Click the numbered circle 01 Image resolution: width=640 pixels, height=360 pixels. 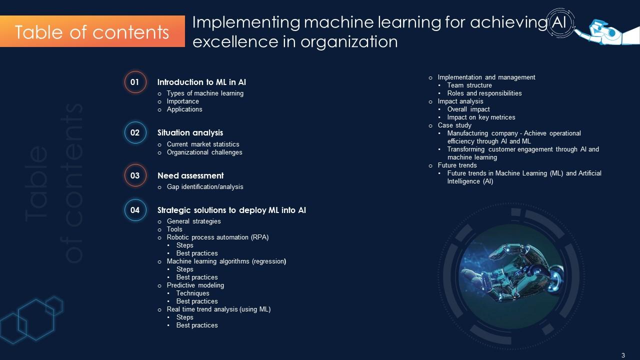135,82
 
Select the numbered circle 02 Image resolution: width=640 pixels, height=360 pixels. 135,133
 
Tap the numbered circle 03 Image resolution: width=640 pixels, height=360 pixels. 135,175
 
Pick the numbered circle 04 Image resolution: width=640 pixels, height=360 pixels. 135,210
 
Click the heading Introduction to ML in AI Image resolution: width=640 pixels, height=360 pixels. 201,82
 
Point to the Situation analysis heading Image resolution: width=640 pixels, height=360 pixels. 190,133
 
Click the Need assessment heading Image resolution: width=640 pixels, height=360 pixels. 190,176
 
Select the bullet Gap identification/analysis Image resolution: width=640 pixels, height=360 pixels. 205,187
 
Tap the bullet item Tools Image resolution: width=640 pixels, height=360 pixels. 174,229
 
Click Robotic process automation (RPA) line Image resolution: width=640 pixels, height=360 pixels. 217,237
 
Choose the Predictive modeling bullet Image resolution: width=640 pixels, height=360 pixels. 195,285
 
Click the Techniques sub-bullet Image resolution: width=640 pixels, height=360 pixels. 192,293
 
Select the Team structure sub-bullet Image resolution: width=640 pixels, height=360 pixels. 469,85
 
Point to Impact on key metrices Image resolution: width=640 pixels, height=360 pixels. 481,117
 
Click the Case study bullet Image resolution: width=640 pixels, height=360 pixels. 454,125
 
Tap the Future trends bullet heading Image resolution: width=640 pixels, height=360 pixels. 457,165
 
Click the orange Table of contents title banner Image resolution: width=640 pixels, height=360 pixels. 92,31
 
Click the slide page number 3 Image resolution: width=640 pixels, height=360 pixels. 623,355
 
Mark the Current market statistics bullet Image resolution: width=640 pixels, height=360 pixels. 203,144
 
